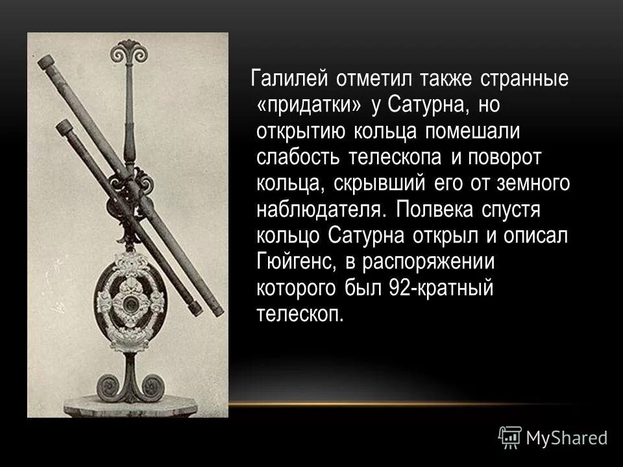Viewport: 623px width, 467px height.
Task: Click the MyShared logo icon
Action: coord(509,437)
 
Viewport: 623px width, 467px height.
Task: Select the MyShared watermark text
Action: coord(567,438)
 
